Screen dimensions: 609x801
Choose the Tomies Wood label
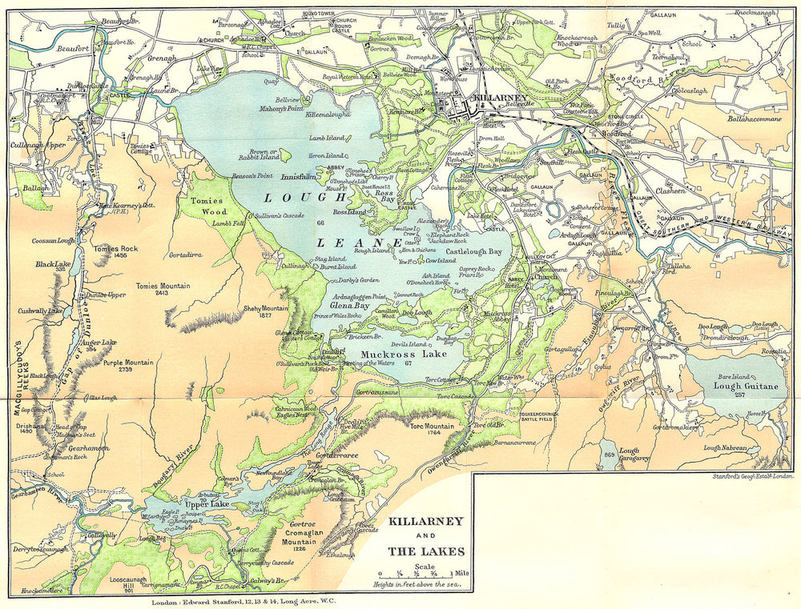(203, 206)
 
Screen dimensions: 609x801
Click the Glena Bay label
(349, 304)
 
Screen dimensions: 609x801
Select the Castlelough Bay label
(473, 251)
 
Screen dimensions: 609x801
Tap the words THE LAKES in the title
(425, 551)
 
